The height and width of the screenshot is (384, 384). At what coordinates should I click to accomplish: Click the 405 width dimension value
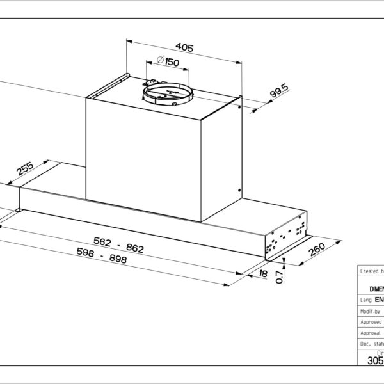coord(184,48)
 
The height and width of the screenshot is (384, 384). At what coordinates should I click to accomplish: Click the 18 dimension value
coord(264,274)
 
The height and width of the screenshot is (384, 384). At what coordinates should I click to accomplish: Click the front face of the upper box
coord(144,157)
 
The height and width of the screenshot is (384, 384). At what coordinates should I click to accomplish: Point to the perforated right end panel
coord(287,237)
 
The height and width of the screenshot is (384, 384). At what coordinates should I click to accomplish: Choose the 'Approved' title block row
coord(371,322)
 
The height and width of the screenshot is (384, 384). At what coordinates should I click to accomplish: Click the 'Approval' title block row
coord(371,333)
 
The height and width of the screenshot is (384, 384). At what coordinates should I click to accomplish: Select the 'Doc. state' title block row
coord(371,344)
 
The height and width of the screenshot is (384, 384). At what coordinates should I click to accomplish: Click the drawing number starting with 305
coord(375,360)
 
